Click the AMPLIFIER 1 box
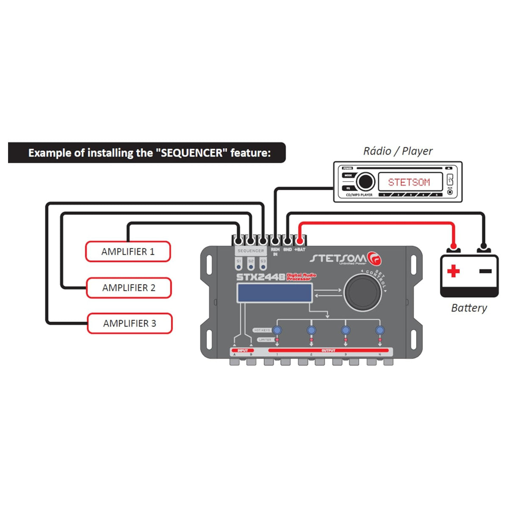[x=128, y=251]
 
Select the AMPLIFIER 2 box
[x=129, y=288]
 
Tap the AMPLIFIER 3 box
[x=130, y=323]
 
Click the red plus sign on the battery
[x=453, y=271]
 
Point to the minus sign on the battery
[x=486, y=271]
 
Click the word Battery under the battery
[x=469, y=308]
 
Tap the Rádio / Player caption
[x=398, y=151]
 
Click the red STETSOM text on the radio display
[x=409, y=182]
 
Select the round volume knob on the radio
[x=365, y=182]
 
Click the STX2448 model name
[x=261, y=278]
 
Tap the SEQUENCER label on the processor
[x=251, y=251]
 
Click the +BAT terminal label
[x=300, y=250]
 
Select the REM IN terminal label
[x=275, y=251]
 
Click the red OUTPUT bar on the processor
[x=329, y=351]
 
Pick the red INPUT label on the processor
[x=243, y=351]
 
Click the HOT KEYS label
[x=262, y=330]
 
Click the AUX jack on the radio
[x=450, y=192]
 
